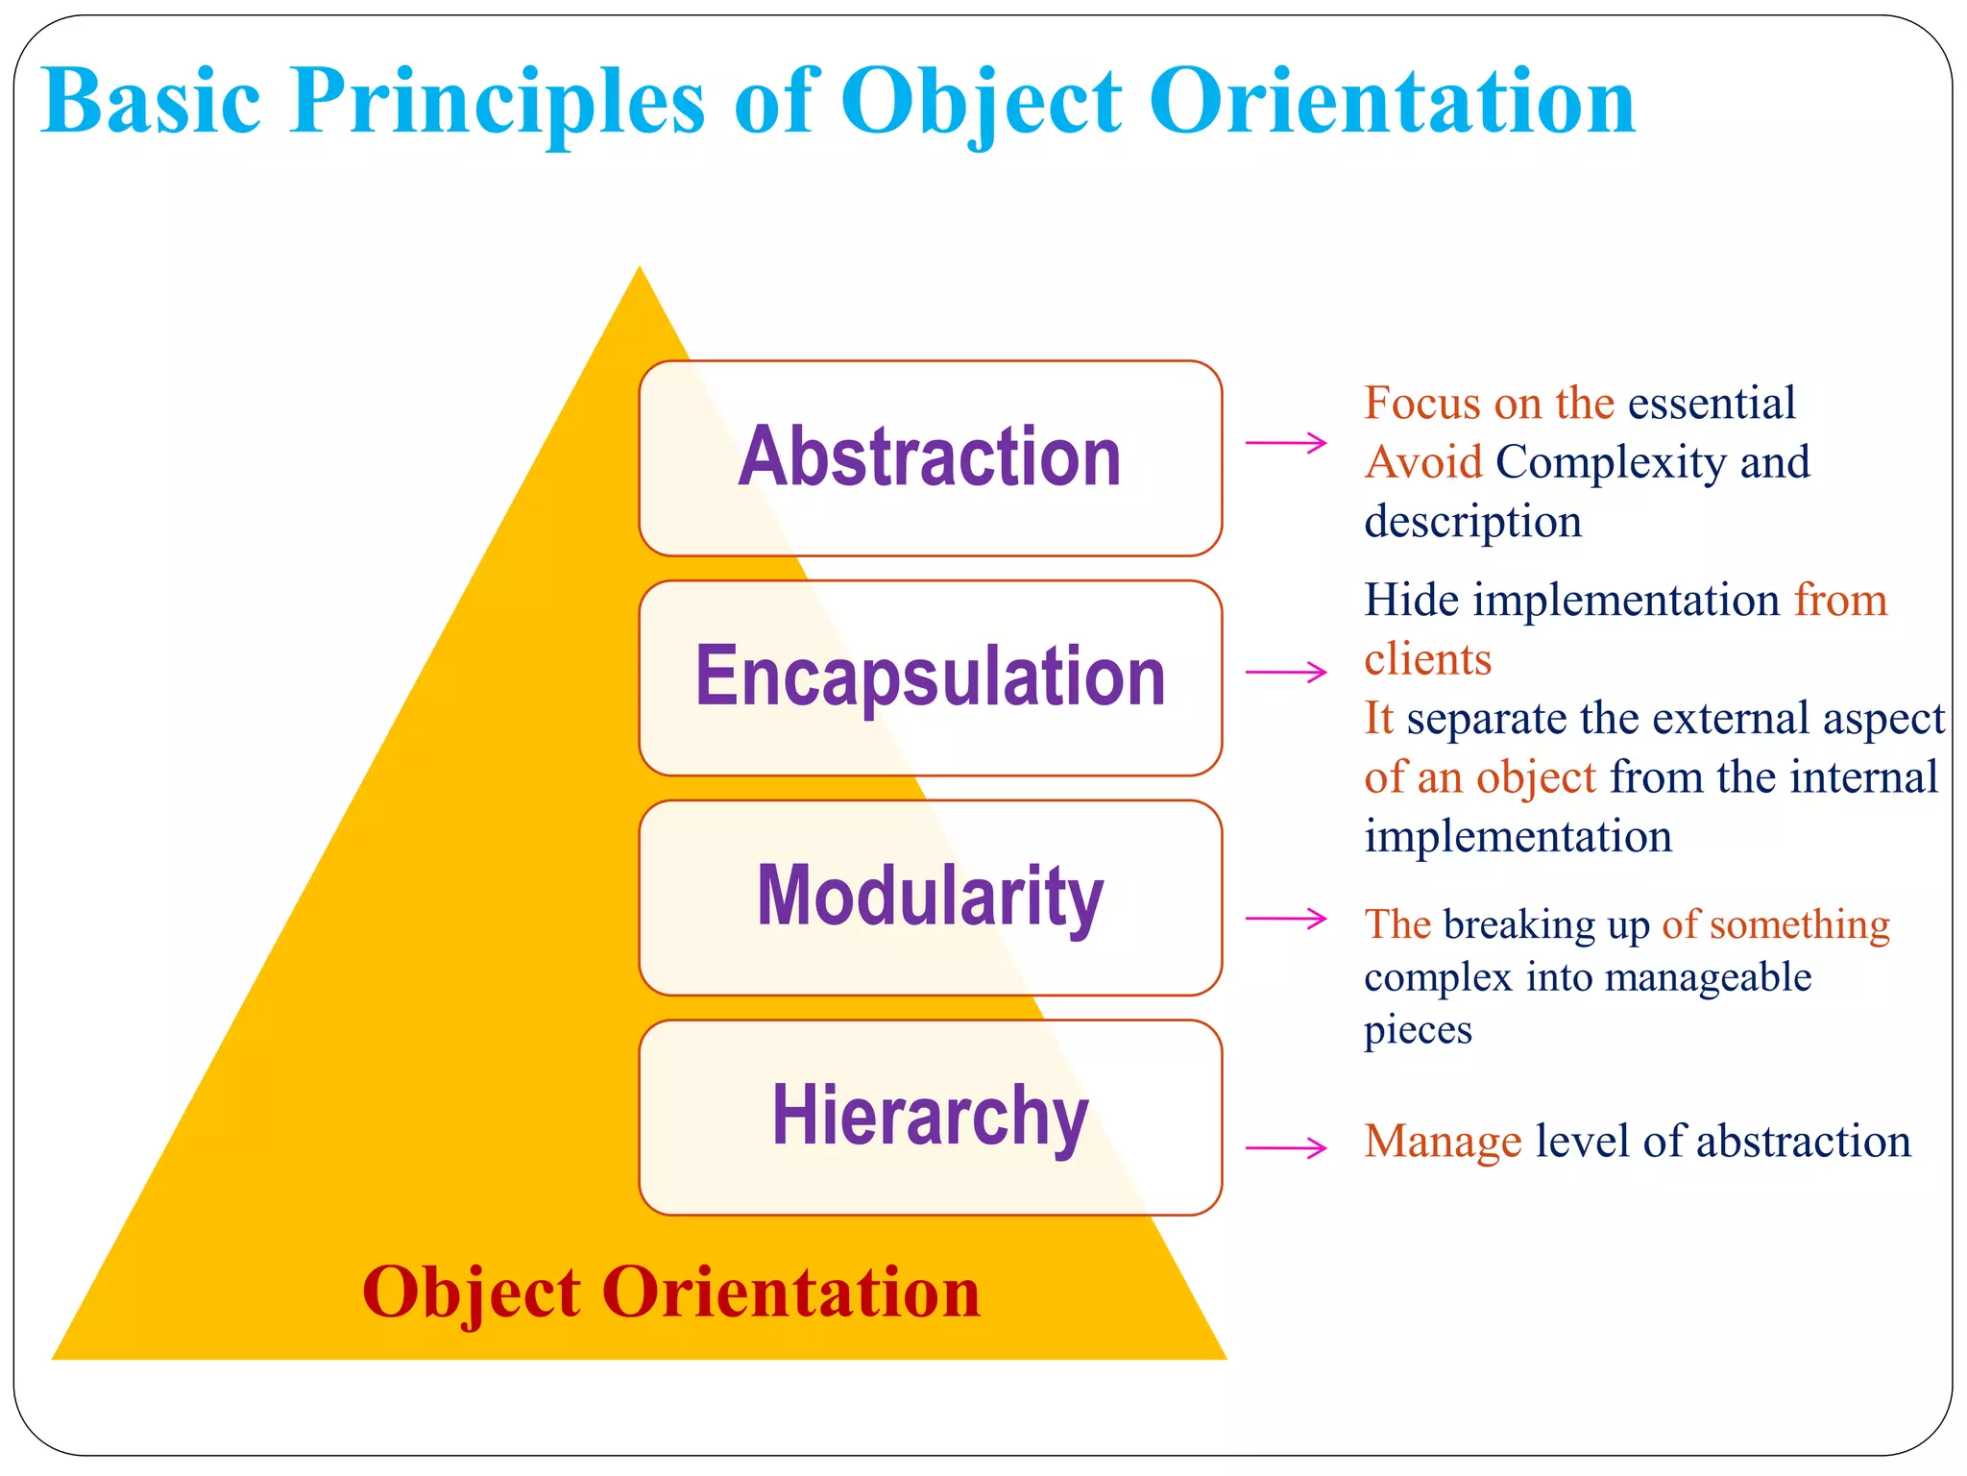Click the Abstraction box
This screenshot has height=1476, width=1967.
tap(930, 457)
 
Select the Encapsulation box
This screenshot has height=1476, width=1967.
tap(930, 677)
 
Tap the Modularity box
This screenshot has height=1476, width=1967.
tap(930, 897)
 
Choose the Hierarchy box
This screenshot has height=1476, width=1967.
tap(930, 1117)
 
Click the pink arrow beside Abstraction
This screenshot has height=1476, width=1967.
tap(1286, 443)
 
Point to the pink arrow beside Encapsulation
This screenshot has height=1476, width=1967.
tap(1286, 673)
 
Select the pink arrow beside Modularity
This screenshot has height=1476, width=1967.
tap(1286, 920)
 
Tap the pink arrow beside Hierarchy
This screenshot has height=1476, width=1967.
tap(1286, 1147)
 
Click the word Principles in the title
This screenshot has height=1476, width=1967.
tap(498, 102)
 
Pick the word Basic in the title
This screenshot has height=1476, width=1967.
tap(152, 102)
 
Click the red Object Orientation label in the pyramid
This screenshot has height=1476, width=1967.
tap(671, 1292)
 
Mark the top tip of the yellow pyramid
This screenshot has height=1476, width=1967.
tap(640, 270)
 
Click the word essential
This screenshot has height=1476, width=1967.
tap(1712, 404)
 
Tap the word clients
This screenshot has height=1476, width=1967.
tap(1427, 660)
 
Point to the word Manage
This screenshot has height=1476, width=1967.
tap(1443, 1142)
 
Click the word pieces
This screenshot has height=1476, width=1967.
tap(1418, 1030)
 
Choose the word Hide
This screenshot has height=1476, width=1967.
tap(1411, 601)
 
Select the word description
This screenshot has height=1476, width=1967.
tap(1472, 522)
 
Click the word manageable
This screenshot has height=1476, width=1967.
tap(1708, 978)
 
